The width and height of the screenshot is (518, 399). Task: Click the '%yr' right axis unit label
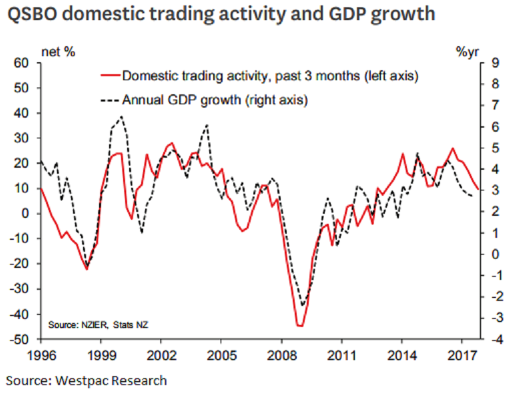tap(467, 51)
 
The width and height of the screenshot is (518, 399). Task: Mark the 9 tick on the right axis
tap(495, 63)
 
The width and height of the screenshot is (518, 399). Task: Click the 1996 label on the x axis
tap(41, 355)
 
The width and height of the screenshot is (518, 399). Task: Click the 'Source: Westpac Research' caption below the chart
tap(87, 381)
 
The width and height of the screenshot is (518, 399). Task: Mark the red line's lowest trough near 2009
tap(300, 325)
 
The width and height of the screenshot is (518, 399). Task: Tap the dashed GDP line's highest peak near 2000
tap(121, 116)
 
